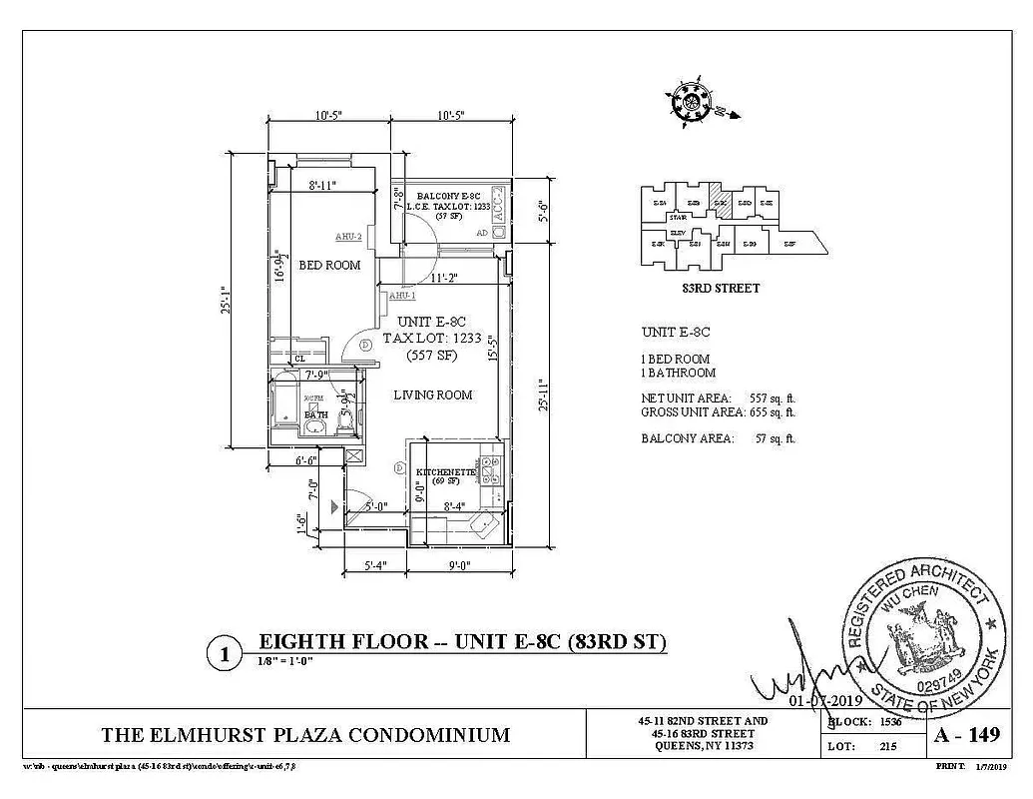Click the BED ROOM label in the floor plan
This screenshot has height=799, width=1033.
(x=329, y=265)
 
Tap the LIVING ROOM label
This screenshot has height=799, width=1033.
(x=432, y=396)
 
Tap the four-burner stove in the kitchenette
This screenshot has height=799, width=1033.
(x=489, y=466)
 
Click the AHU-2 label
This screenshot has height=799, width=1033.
(x=347, y=237)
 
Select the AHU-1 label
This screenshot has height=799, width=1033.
(x=401, y=296)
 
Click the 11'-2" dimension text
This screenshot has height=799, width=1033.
(x=444, y=279)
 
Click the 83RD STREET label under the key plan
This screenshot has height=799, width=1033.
(x=715, y=289)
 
